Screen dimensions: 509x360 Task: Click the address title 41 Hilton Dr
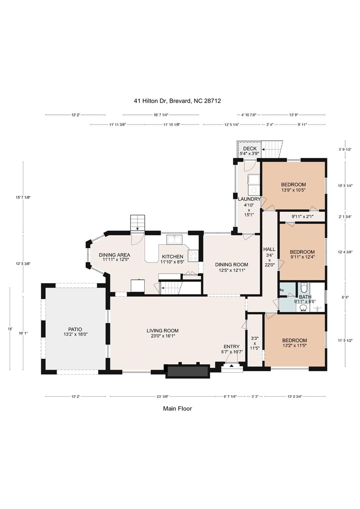click(177, 101)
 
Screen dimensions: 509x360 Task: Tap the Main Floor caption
click(177, 409)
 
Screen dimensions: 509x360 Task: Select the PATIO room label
click(75, 329)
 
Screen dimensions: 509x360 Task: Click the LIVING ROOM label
click(162, 331)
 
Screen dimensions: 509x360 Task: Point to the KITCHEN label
click(172, 256)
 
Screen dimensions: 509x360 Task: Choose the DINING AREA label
click(114, 255)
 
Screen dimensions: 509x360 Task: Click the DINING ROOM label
click(231, 264)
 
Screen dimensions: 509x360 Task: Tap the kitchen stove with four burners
click(193, 255)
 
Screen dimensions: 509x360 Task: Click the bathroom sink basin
click(303, 308)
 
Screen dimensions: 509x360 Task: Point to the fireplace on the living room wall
click(188, 371)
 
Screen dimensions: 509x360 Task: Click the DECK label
click(250, 148)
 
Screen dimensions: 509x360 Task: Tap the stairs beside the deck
click(272, 149)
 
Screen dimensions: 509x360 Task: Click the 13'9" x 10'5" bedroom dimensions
click(293, 190)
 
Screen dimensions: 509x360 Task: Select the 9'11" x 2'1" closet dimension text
click(302, 217)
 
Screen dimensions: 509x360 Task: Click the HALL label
click(269, 249)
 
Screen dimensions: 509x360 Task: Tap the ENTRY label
click(231, 347)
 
